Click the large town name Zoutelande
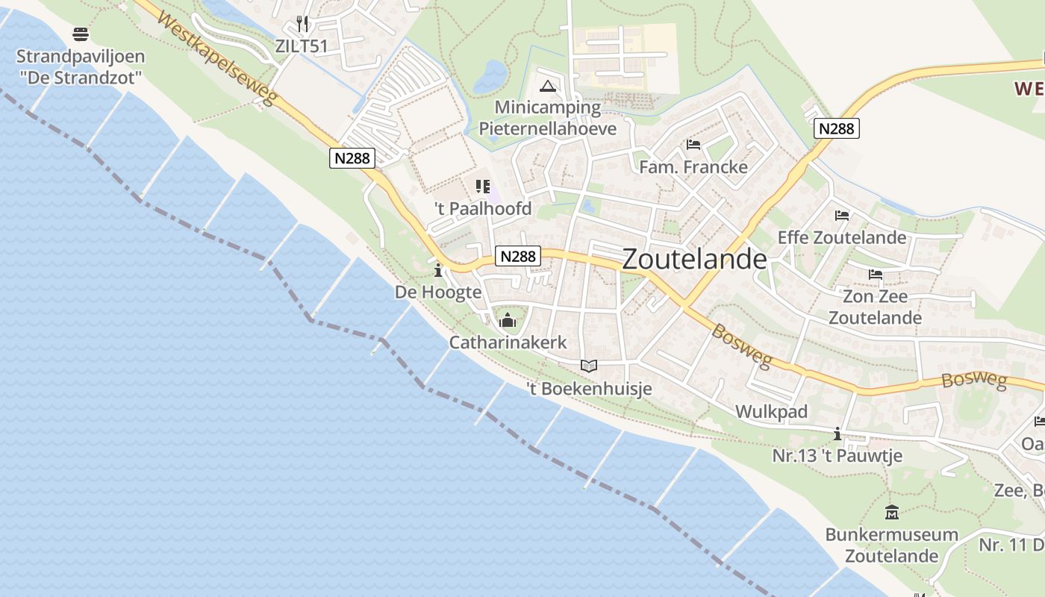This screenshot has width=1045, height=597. [694, 259]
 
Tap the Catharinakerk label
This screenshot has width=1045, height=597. [508, 343]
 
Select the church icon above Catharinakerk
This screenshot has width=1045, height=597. [508, 321]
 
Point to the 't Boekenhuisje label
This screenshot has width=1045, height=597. [589, 388]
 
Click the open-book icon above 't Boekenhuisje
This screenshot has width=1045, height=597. [589, 366]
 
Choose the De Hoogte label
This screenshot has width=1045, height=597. [438, 292]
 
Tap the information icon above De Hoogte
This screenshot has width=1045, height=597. [438, 270]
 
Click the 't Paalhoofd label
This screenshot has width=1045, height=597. [483, 209]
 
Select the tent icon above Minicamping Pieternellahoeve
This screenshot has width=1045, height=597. [549, 86]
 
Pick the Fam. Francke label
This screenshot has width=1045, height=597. [693, 166]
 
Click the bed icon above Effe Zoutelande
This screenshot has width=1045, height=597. [842, 216]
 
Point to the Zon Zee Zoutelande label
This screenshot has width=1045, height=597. [875, 307]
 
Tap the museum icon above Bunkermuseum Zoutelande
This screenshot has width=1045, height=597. [891, 512]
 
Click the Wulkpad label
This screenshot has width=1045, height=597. [772, 412]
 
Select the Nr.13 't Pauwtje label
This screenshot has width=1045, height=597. [837, 455]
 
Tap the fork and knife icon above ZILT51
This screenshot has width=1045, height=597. [302, 24]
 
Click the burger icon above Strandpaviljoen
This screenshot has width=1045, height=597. [81, 34]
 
